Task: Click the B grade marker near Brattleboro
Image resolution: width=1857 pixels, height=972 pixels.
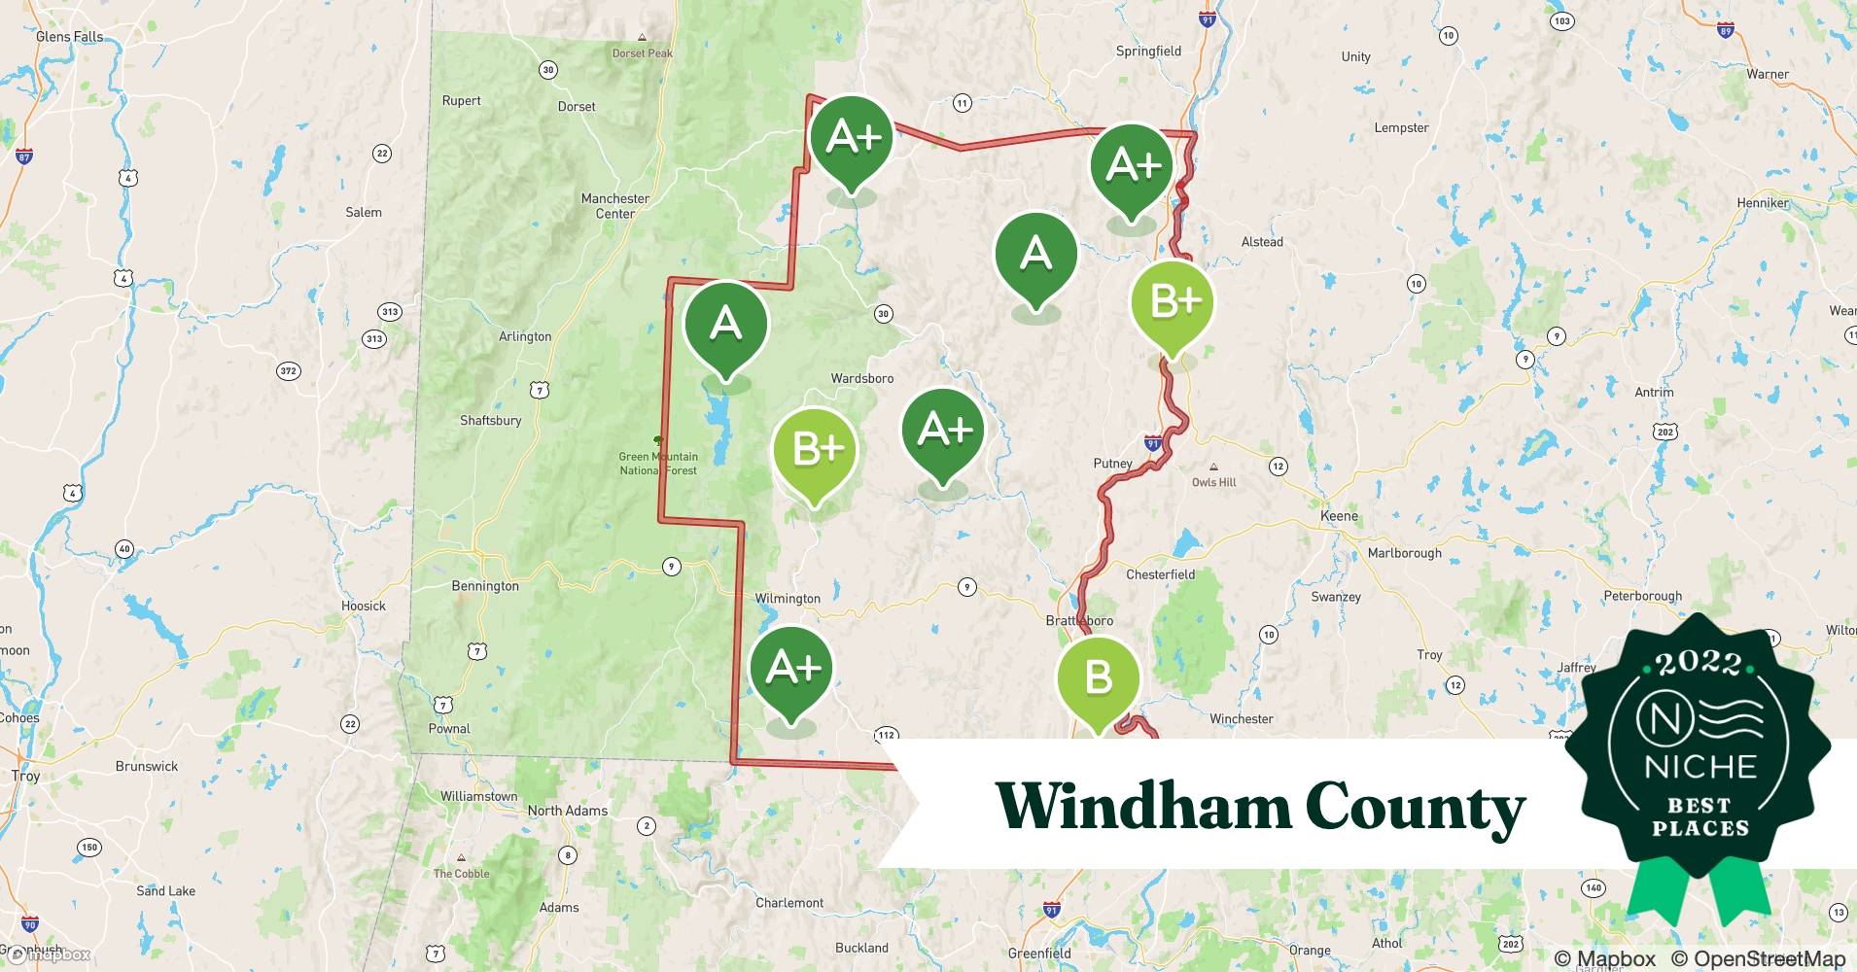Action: [x=1098, y=678]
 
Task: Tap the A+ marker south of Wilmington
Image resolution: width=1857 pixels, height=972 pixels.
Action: [x=791, y=669]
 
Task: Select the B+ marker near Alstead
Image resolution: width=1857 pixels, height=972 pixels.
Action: [x=1173, y=302]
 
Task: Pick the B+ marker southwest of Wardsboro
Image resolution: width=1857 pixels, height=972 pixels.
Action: [x=815, y=450]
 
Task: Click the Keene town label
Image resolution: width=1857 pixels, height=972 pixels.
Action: [x=1339, y=515]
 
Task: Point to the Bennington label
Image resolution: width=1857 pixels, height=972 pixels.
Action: [x=485, y=586]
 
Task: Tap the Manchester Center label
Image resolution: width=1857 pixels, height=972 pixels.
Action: [x=614, y=206]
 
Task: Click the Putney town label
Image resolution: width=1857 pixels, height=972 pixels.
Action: [x=1112, y=464]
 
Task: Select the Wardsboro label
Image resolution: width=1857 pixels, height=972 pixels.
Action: [x=861, y=378]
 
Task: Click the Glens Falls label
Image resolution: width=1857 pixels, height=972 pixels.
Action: [x=69, y=37]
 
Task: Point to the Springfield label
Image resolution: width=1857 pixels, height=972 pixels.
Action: [x=1148, y=52]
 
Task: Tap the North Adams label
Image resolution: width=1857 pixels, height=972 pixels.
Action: [x=567, y=811]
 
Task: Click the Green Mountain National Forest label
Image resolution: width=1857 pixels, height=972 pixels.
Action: [x=659, y=464]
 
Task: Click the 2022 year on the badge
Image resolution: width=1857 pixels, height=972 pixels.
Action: [x=1699, y=663]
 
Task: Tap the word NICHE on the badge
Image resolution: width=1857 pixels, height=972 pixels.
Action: [x=1700, y=767]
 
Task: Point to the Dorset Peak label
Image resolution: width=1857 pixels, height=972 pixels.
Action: [x=642, y=53]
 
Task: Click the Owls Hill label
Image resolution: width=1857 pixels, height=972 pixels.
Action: [x=1213, y=482]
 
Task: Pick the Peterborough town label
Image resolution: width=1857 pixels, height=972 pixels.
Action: [x=1642, y=596]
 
